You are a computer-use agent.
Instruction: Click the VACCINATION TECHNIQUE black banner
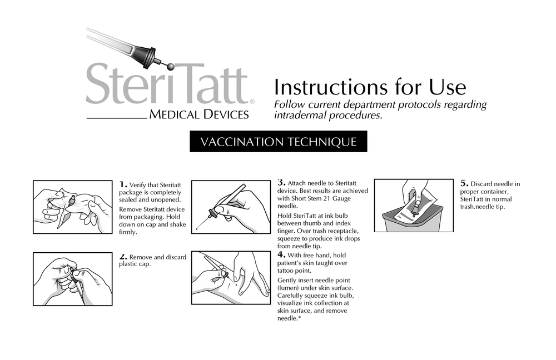(278, 141)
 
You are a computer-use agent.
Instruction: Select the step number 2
(123, 256)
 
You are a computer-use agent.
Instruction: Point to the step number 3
(281, 182)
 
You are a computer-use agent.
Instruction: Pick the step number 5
(464, 183)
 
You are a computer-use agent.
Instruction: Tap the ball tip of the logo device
(170, 66)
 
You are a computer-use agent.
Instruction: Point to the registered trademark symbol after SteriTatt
(252, 102)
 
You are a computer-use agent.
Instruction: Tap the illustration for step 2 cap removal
(72, 279)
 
